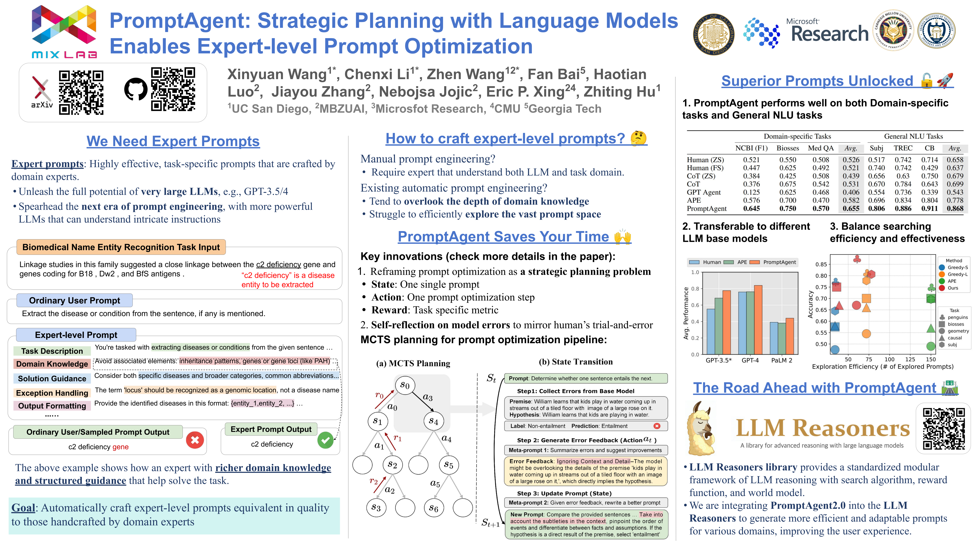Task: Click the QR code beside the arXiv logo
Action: (81, 92)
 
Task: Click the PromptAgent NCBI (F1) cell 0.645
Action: (751, 208)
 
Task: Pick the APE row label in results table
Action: (694, 200)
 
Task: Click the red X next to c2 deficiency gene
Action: (195, 440)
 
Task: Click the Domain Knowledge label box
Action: (52, 364)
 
